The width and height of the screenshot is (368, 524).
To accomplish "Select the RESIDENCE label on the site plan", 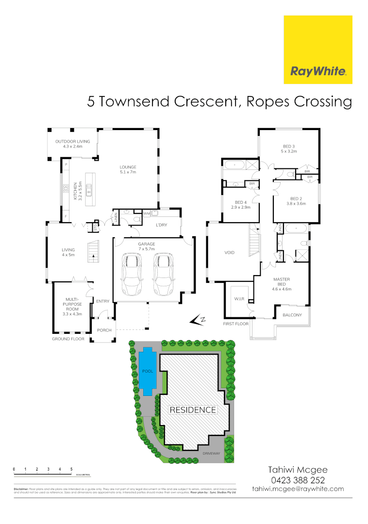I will pyautogui.click(x=192, y=410).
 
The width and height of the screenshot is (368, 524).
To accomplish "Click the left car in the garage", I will pyautogui.click(x=132, y=274).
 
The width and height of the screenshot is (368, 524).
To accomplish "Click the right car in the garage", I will pyautogui.click(x=164, y=274).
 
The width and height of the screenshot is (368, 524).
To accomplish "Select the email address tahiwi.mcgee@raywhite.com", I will pyautogui.click(x=298, y=489).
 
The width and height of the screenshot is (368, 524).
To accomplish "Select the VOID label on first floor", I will pyautogui.click(x=230, y=253).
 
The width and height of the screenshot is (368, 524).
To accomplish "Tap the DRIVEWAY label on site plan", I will pyautogui.click(x=212, y=454).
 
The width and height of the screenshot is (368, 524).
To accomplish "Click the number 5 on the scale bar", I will pyautogui.click(x=71, y=469).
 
